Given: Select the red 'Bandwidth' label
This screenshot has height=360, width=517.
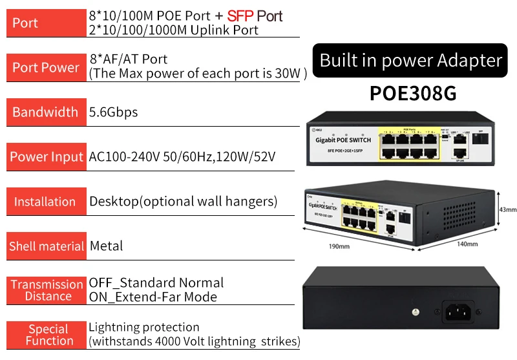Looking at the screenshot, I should click(45, 112).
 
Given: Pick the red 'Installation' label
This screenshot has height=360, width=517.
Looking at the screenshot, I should click(45, 202).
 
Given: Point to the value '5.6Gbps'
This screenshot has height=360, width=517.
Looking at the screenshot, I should click(113, 112).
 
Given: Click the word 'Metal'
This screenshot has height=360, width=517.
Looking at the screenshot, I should click(106, 246).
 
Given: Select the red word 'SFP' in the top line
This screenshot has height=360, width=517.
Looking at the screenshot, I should click(240, 16).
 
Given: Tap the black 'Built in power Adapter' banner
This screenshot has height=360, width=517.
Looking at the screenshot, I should click(410, 61).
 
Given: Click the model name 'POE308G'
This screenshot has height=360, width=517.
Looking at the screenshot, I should click(413, 94).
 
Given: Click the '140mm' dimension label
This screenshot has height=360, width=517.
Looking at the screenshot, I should click(467, 244).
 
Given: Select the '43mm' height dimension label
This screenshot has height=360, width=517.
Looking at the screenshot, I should click(508, 209).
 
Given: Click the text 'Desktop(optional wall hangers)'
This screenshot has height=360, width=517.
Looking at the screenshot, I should click(183, 201).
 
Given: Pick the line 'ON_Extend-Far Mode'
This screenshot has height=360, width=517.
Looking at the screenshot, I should click(153, 297).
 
